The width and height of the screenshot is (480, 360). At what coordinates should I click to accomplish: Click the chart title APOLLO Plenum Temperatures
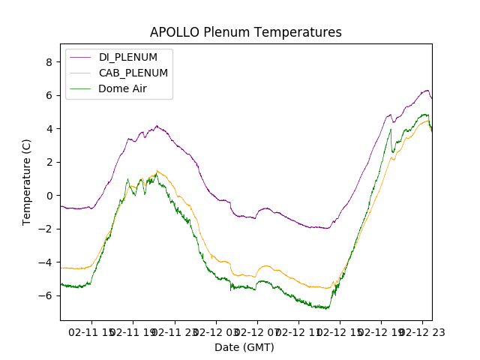[x=245, y=32]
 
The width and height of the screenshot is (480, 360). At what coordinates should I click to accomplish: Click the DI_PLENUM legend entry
[x=127, y=58]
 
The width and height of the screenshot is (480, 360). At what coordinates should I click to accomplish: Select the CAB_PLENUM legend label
[x=133, y=73]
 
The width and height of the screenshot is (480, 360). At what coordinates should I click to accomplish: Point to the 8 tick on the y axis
[x=49, y=62]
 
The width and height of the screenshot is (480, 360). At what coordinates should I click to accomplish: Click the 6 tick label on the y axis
[x=49, y=95]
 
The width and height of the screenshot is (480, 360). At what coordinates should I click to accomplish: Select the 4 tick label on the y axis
[x=49, y=129]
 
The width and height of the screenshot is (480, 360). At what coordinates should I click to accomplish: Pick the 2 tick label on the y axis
[x=49, y=162]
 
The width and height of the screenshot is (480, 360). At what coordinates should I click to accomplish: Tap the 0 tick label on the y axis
[x=49, y=196]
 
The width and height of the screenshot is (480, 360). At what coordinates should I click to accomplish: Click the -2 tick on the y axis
[x=47, y=229]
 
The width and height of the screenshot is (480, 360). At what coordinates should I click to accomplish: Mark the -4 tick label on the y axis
[x=47, y=262]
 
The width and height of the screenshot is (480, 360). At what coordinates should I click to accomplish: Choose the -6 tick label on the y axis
[x=47, y=295]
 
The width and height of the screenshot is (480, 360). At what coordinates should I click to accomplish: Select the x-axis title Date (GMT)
[x=244, y=347]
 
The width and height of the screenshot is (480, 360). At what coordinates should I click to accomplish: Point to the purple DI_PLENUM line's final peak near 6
[x=427, y=91]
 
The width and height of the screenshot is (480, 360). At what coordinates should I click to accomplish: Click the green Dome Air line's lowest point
[x=328, y=308]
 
